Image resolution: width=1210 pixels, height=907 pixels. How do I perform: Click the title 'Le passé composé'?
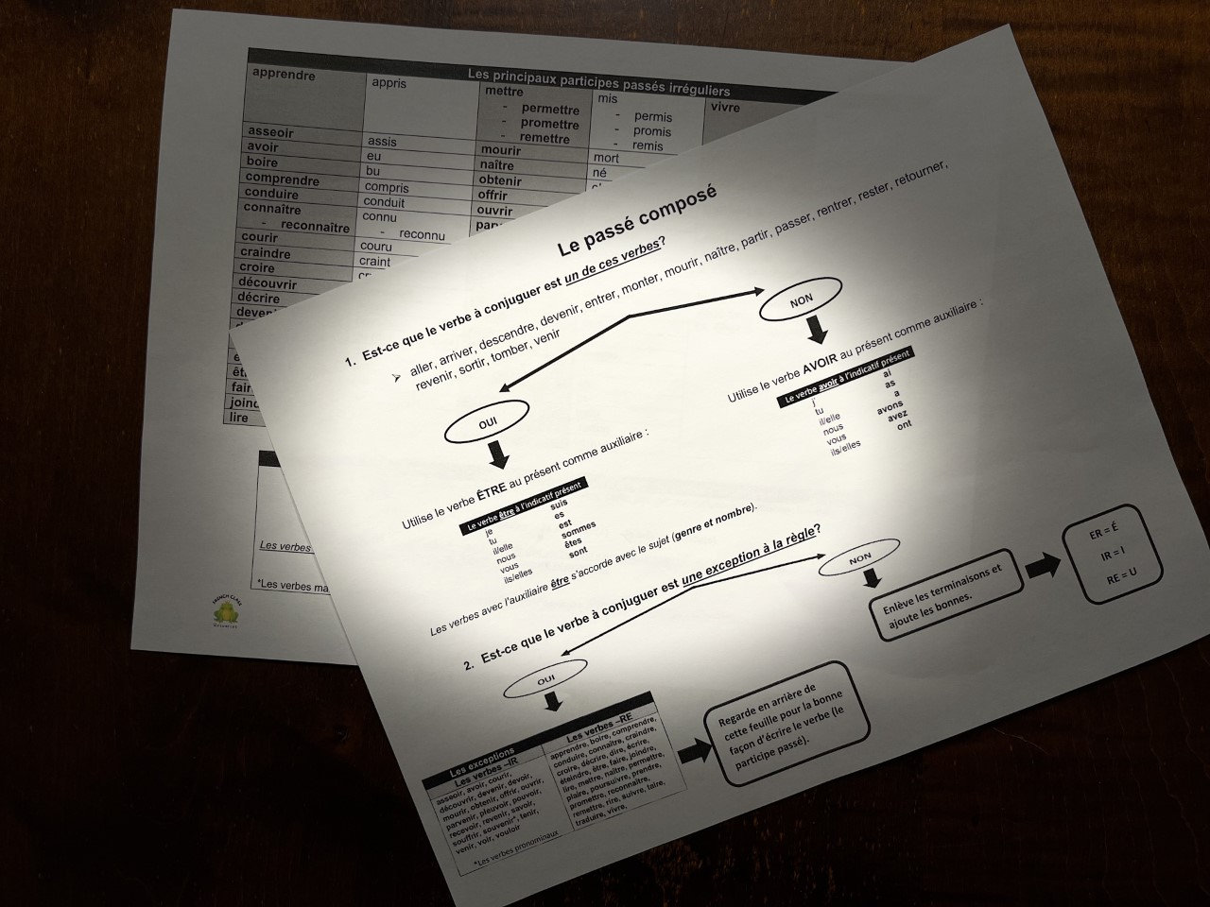click(x=638, y=220)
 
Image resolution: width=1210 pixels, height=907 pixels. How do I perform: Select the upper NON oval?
click(x=801, y=299)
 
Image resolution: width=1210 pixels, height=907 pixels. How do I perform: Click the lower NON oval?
click(x=860, y=559)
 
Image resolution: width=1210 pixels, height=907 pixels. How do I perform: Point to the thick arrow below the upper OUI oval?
click(x=497, y=456)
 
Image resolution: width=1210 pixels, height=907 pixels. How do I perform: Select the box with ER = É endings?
click(x=1111, y=556)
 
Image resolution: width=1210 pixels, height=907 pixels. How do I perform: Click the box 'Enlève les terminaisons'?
click(x=945, y=595)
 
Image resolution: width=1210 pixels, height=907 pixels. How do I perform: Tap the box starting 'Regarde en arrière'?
click(x=786, y=723)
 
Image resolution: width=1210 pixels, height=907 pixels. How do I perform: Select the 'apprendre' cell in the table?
click(x=285, y=76)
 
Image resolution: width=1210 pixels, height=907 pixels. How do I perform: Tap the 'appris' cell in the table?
click(x=389, y=83)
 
